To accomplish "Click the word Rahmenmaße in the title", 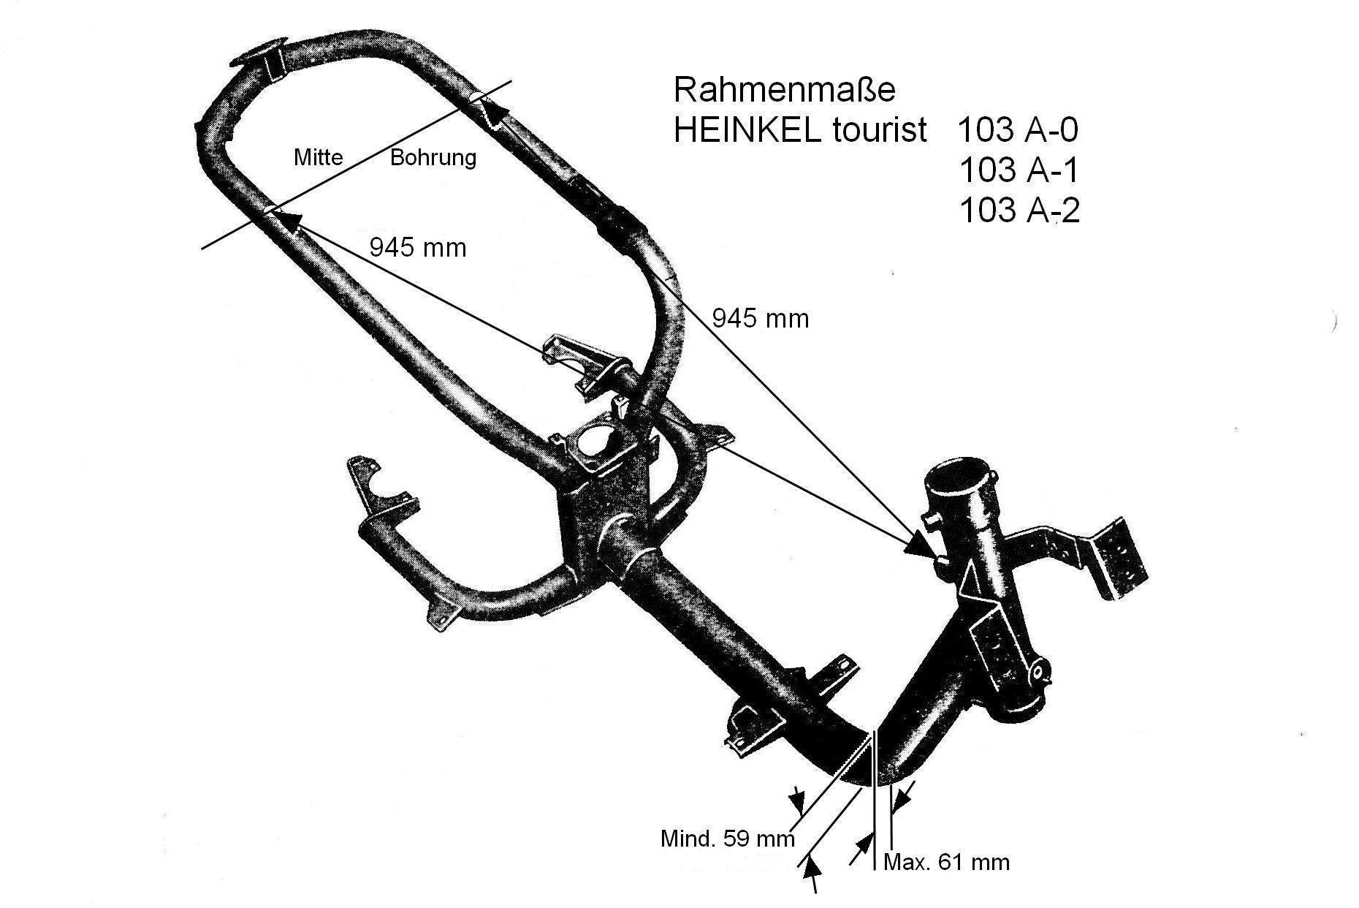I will pos(784,91).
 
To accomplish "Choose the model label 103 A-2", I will pos(1019,211).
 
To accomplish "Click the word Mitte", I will pos(318,157).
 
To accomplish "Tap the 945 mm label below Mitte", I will pos(417,248).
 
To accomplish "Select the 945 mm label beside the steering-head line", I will pos(760,318).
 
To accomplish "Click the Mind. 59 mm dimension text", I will pos(726,838).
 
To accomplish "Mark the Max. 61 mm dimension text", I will pos(946,863).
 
